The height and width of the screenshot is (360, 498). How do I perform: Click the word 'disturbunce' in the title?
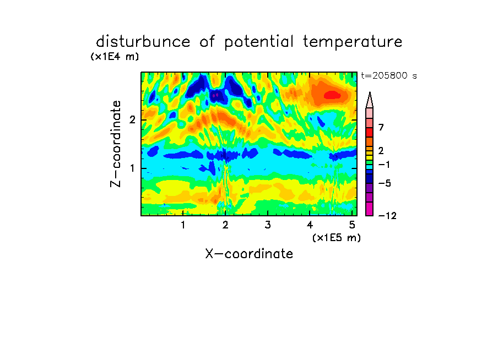(x=143, y=42)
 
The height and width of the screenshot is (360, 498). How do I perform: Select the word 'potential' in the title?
(x=258, y=42)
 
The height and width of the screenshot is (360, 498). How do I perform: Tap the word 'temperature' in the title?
(x=353, y=42)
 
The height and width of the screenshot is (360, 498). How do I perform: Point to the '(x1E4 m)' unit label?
(x=115, y=57)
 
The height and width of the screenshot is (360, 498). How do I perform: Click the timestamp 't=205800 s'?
(x=389, y=76)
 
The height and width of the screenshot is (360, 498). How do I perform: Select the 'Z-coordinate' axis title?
(x=116, y=144)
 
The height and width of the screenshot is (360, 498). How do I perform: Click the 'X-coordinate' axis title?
(x=249, y=254)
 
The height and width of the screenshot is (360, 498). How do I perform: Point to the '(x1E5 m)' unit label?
(x=337, y=238)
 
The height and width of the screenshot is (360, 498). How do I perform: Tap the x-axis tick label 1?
(x=183, y=225)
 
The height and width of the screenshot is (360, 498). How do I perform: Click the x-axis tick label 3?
(x=268, y=225)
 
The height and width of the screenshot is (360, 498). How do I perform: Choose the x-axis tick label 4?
(x=310, y=225)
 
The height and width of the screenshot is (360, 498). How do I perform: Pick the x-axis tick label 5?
(x=352, y=225)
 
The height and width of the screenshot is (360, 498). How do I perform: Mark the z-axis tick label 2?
(x=132, y=120)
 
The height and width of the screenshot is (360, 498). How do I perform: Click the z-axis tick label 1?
(x=132, y=168)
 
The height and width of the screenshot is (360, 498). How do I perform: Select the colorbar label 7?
(x=381, y=128)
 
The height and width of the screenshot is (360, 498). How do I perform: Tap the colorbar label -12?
(x=387, y=216)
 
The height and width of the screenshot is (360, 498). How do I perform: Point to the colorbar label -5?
(x=385, y=183)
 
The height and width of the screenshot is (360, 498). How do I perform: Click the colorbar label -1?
(x=384, y=165)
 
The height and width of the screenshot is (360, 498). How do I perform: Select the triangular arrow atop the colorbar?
(x=370, y=100)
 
